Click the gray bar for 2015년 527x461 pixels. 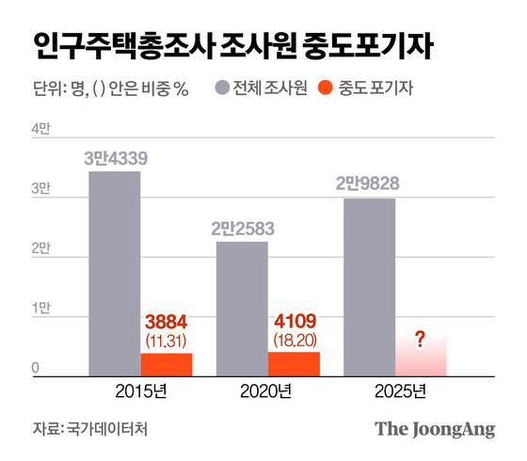(x=115, y=273)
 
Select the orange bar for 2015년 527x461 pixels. (x=167, y=365)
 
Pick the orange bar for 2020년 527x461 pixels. (x=294, y=364)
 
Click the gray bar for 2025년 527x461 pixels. (x=369, y=287)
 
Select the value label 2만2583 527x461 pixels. (x=242, y=228)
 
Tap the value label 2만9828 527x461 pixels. (x=369, y=183)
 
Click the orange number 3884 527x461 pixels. (x=167, y=320)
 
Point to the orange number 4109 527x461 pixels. (x=294, y=320)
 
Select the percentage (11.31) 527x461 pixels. (x=167, y=338)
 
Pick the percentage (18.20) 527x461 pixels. (x=294, y=338)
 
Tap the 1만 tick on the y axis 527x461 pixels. (x=41, y=310)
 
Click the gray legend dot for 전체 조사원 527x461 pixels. (x=222, y=89)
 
